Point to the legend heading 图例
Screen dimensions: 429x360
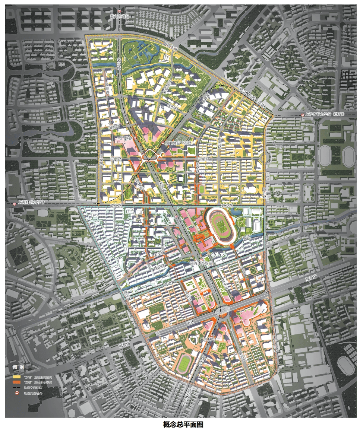[x=18, y=368]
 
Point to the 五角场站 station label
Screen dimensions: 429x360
[x=208, y=340]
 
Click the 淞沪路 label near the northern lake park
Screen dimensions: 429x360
[x=119, y=63]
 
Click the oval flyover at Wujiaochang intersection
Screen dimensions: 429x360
[x=222, y=310]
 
